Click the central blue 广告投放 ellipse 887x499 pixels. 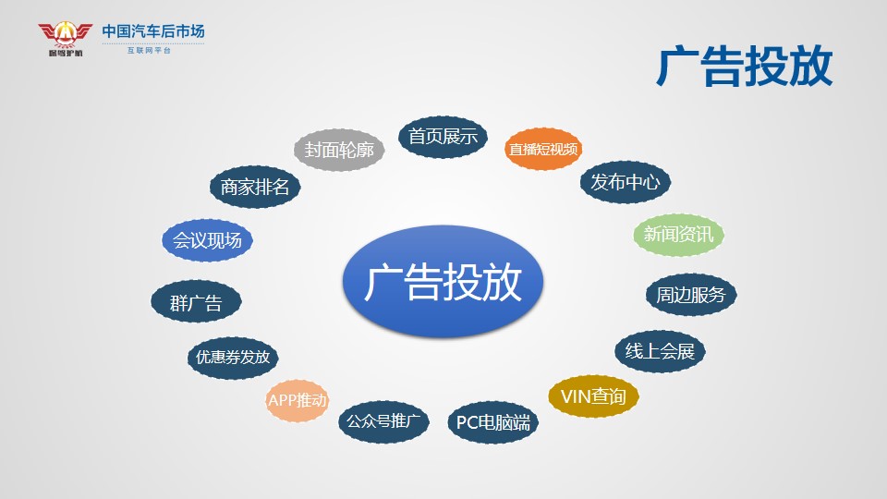443,281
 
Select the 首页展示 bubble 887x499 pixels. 443,137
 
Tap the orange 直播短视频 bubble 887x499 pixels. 543,149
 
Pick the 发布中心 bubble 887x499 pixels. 626,182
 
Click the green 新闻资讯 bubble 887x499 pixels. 678,234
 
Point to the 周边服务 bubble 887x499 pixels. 691,295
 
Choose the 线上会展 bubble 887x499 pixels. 660,351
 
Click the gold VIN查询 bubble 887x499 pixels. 593,396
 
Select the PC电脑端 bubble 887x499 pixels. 492,422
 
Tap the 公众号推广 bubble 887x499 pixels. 383,421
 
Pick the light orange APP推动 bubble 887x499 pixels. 297,400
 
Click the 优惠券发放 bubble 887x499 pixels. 233,358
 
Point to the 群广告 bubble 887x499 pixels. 196,301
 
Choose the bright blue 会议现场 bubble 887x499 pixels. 207,240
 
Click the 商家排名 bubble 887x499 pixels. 255,188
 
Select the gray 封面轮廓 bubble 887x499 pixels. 339,150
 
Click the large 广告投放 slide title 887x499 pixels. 745,67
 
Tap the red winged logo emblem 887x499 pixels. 65,38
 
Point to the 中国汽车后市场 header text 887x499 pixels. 152,31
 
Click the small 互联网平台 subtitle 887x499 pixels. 149,50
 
